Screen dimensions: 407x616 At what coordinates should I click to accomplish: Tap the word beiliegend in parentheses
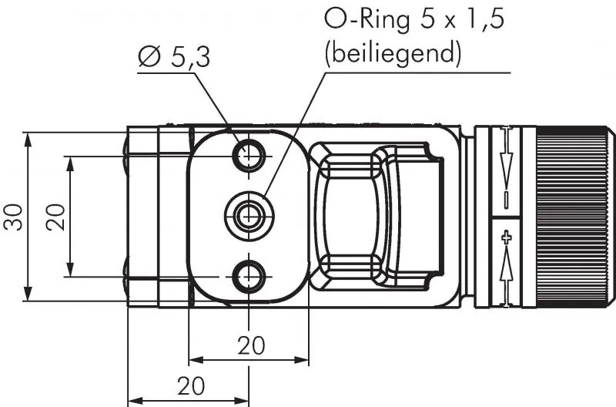pyautogui.click(x=393, y=54)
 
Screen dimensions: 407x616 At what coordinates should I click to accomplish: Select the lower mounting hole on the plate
pyautogui.click(x=249, y=275)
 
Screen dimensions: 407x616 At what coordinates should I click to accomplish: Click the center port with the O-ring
pyautogui.click(x=248, y=216)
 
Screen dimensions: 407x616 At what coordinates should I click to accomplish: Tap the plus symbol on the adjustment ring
pyautogui.click(x=506, y=237)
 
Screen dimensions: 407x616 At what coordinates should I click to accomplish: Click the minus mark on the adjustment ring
pyautogui.click(x=506, y=198)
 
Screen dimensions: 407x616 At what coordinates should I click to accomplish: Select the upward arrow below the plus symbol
pyautogui.click(x=506, y=267)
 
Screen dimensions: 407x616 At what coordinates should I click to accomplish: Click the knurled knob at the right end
pyautogui.click(x=574, y=217)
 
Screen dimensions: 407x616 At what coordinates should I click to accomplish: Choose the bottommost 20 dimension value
pyautogui.click(x=191, y=385)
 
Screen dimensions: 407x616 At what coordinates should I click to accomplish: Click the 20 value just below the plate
pyautogui.click(x=250, y=345)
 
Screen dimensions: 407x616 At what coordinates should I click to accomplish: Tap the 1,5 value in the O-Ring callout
pyautogui.click(x=480, y=19)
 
